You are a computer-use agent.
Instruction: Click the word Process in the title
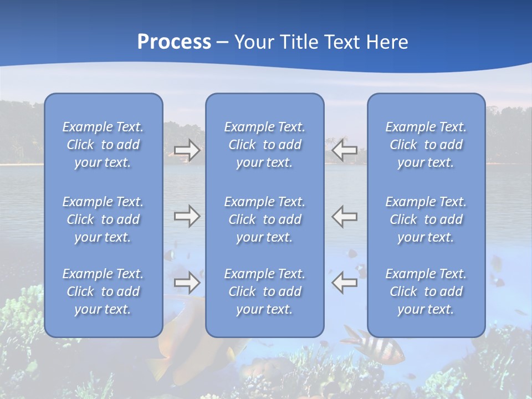(174, 42)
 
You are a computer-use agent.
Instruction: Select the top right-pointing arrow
(187, 150)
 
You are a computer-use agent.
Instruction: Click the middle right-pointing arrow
(187, 216)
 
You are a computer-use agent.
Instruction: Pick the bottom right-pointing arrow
(187, 283)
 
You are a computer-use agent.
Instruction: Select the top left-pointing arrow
(345, 150)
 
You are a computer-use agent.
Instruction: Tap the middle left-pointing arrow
(345, 216)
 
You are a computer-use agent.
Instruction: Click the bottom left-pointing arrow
(345, 283)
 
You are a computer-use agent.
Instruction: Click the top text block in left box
(103, 145)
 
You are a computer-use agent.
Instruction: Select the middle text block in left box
(103, 219)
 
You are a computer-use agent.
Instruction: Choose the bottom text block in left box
(103, 291)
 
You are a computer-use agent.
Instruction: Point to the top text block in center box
(264, 145)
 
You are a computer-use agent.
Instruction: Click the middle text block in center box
(264, 219)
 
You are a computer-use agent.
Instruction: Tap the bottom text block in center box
(264, 291)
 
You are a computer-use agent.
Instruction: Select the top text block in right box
(426, 145)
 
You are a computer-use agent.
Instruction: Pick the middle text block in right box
(426, 219)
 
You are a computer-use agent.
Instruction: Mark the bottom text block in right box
(426, 291)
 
